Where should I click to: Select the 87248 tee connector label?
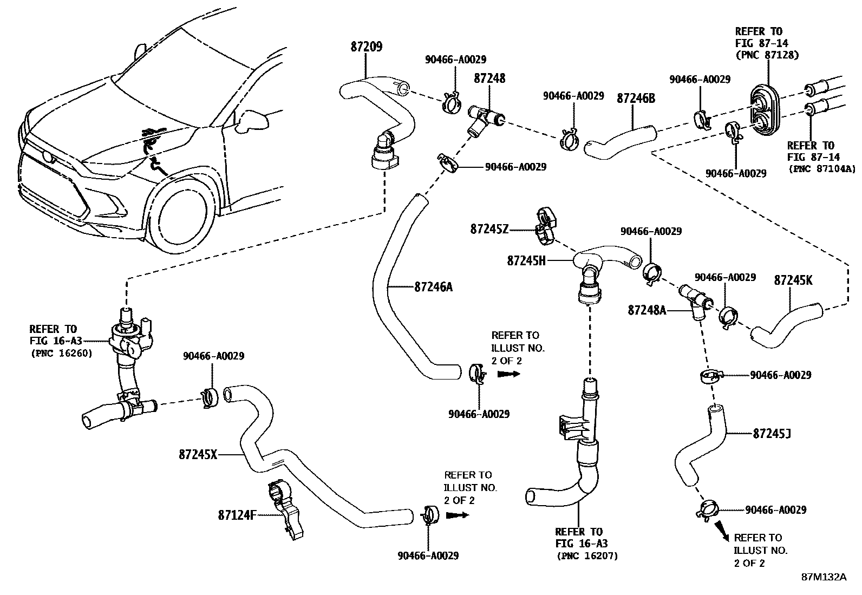click(489, 79)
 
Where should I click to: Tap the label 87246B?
click(636, 98)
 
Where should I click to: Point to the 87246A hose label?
click(433, 287)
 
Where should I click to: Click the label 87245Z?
click(489, 230)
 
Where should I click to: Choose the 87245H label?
click(526, 260)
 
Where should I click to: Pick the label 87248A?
click(647, 310)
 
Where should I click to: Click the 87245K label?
click(793, 280)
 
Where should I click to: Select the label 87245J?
click(772, 434)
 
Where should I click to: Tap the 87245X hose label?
click(198, 455)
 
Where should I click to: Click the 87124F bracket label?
click(237, 515)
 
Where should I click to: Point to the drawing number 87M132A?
click(824, 577)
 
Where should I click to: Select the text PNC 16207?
click(586, 555)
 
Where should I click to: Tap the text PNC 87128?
click(767, 55)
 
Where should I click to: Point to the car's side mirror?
click(253, 120)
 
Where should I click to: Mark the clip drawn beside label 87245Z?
click(546, 223)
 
